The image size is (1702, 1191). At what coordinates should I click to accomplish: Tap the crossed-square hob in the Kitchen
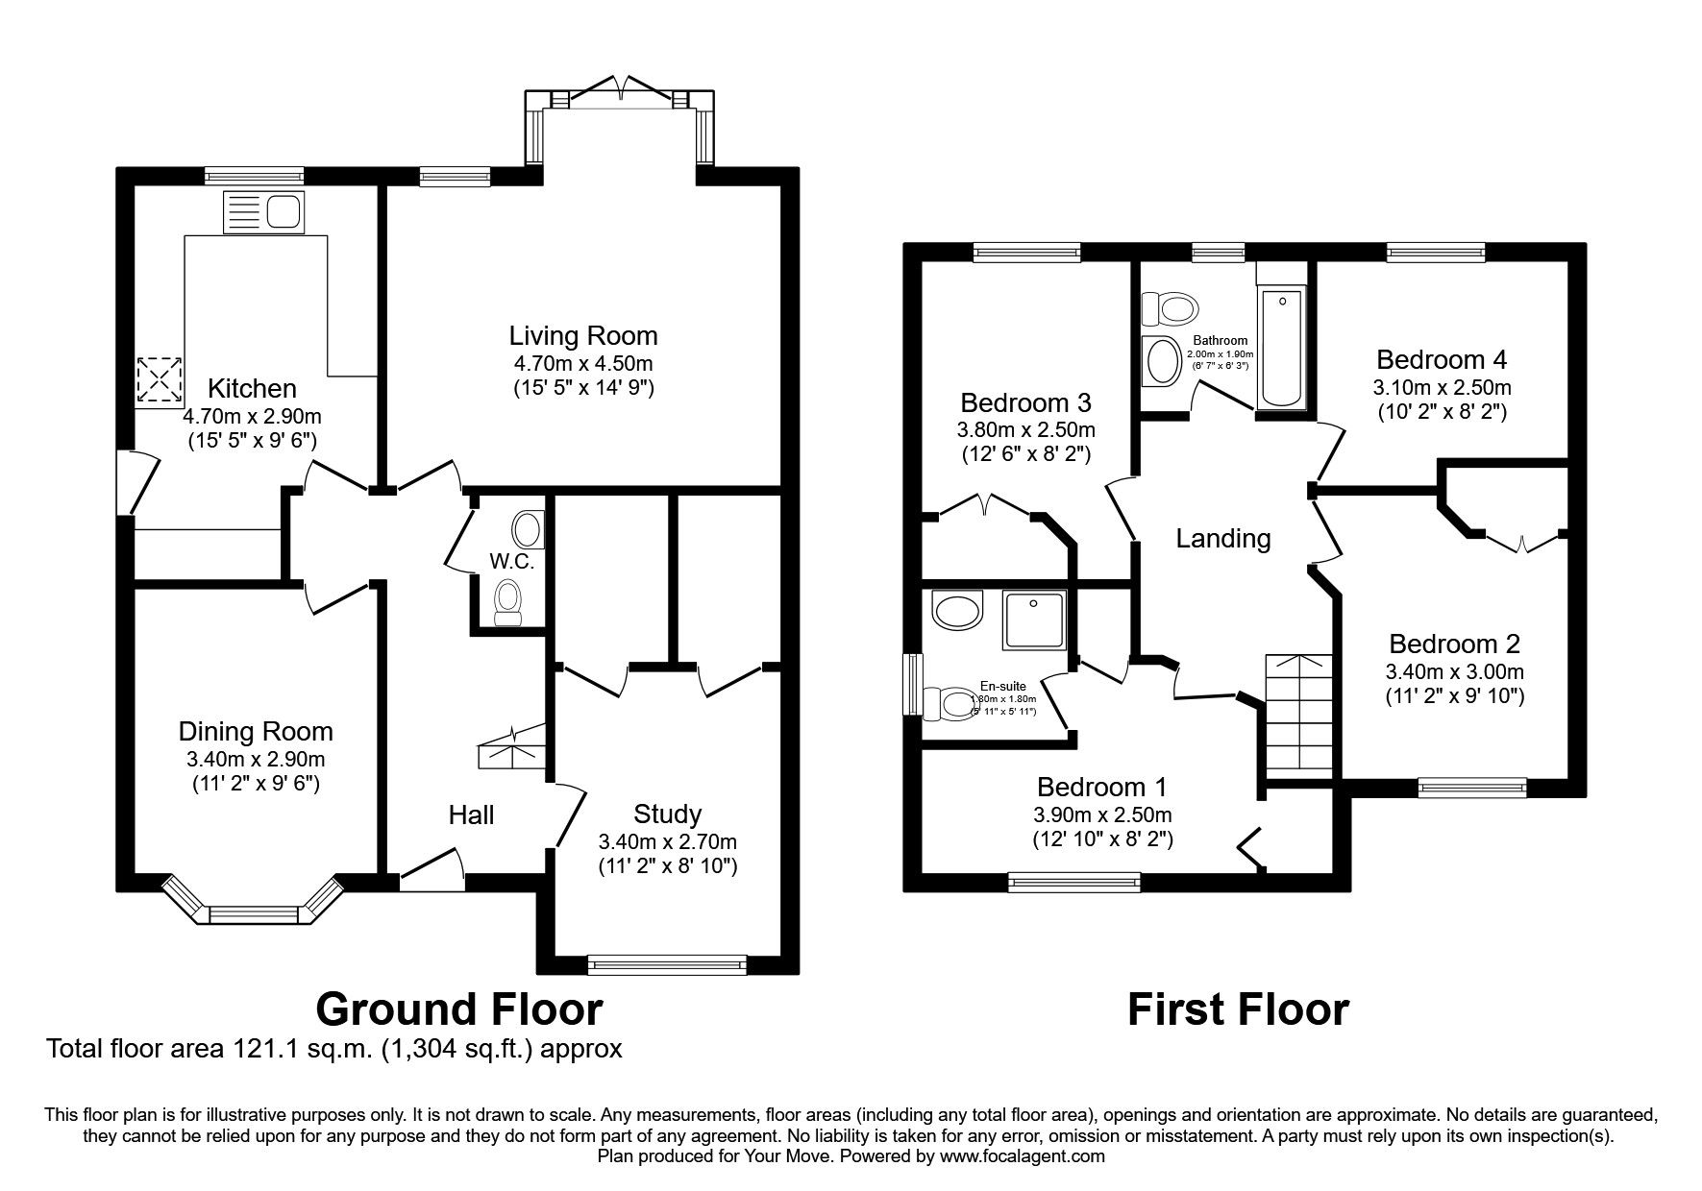(x=160, y=380)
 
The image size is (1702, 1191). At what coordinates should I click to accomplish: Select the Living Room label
(x=583, y=336)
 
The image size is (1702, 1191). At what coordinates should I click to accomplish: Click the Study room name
(x=667, y=814)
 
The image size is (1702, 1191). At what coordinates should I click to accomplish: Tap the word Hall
(x=471, y=815)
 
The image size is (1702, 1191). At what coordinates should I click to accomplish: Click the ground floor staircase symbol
(x=513, y=746)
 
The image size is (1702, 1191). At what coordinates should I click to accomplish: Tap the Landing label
(x=1222, y=539)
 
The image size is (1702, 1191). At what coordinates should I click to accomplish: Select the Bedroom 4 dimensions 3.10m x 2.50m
(x=1442, y=387)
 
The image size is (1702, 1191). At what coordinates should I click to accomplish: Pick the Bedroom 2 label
(x=1454, y=644)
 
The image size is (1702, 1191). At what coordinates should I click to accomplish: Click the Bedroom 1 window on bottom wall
(x=1074, y=880)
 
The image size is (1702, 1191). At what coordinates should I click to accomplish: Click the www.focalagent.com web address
(x=1022, y=1156)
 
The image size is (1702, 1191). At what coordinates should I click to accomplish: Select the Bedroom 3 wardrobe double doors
(x=987, y=505)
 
